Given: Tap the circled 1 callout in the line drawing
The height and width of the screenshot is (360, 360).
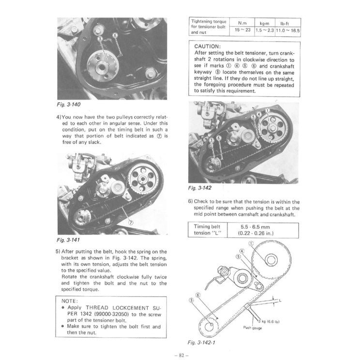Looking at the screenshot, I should (251, 243).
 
